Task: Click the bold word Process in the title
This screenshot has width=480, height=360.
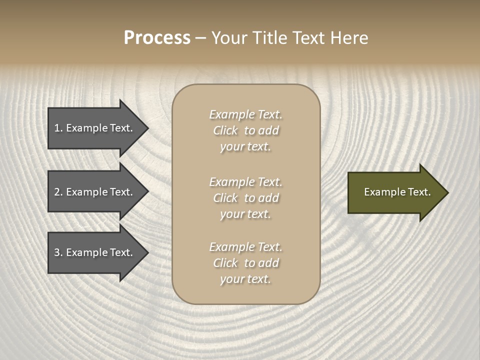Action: point(157,38)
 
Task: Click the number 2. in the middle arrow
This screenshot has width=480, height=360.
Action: point(58,192)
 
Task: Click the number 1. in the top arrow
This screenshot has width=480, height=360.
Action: point(58,128)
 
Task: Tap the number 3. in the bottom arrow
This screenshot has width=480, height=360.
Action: point(58,252)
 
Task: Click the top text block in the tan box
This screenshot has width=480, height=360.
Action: point(245,130)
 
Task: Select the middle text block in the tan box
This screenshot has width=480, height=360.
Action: point(245,198)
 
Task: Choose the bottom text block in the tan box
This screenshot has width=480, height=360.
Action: point(245,263)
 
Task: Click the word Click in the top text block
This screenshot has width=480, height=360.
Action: point(225,130)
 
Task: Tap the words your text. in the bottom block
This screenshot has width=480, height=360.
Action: point(245,279)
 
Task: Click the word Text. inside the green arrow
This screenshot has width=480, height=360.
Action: point(418,192)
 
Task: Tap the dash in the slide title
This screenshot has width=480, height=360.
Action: point(200,38)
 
